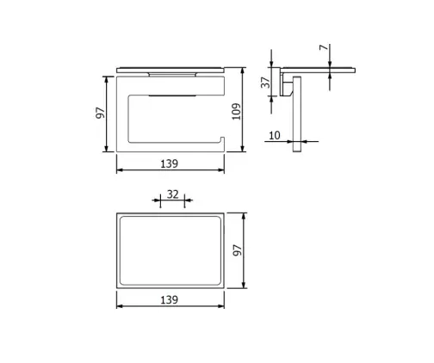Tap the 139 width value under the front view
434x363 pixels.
[x=169, y=162]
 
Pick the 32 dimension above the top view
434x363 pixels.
[x=172, y=194]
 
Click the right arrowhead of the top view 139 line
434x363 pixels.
[x=225, y=306]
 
